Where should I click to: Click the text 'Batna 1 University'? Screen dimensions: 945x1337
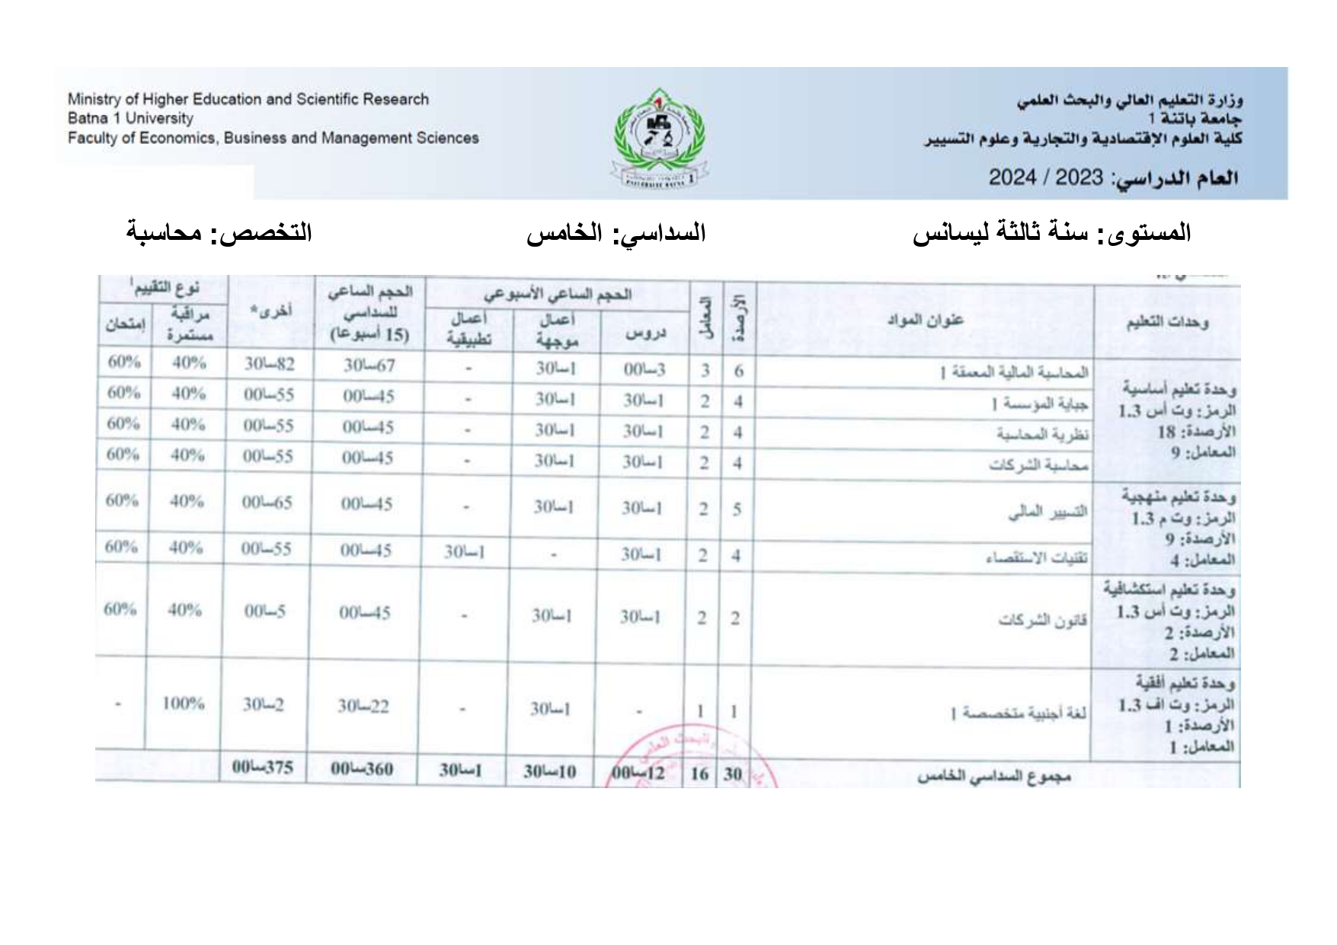coord(130,119)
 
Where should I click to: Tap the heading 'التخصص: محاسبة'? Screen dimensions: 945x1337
coord(219,231)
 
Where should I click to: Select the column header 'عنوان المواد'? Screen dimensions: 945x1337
coord(925,320)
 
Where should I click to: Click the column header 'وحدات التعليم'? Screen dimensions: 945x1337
coord(1167,323)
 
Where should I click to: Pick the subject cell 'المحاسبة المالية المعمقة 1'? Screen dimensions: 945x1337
coord(1013,372)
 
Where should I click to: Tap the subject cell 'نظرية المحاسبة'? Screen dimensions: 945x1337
coord(1042,434)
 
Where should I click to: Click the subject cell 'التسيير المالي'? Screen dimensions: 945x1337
coord(1048,512)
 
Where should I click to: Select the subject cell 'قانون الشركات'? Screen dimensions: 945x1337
coord(1042,620)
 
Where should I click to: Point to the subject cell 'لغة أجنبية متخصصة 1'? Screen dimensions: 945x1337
coord(1018,713)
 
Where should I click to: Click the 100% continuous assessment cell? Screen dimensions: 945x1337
coord(184,704)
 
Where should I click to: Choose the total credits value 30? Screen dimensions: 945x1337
coord(732,774)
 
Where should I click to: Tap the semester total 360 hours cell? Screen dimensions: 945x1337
coord(362,769)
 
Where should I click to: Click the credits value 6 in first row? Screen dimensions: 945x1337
coord(738,372)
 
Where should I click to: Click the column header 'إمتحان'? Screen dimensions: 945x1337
coord(125,324)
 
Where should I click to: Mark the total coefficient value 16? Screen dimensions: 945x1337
coord(699,774)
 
